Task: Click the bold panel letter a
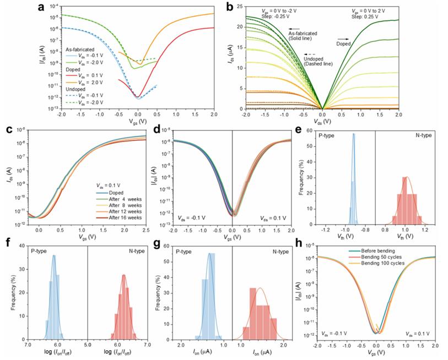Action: coord(40,7)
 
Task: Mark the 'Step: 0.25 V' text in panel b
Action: coord(369,16)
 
